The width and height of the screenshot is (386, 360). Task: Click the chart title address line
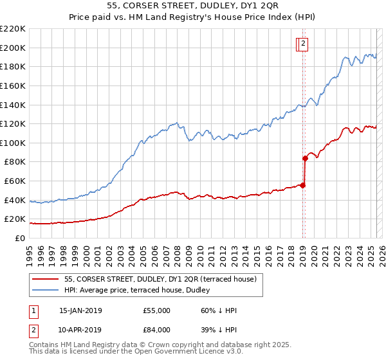tap(193, 6)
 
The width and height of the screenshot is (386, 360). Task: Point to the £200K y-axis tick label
tap(14, 48)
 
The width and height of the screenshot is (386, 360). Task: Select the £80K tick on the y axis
tap(15, 162)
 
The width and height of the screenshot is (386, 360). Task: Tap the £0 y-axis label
tap(20, 238)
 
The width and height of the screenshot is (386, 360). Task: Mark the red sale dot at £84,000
tap(305, 157)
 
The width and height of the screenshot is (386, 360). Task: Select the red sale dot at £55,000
tap(302, 185)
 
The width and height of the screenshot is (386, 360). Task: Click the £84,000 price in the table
tap(157, 330)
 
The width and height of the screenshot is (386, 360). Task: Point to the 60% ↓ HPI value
tap(219, 310)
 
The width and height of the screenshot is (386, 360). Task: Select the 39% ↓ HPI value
tap(219, 330)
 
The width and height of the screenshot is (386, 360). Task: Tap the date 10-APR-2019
tap(80, 330)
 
